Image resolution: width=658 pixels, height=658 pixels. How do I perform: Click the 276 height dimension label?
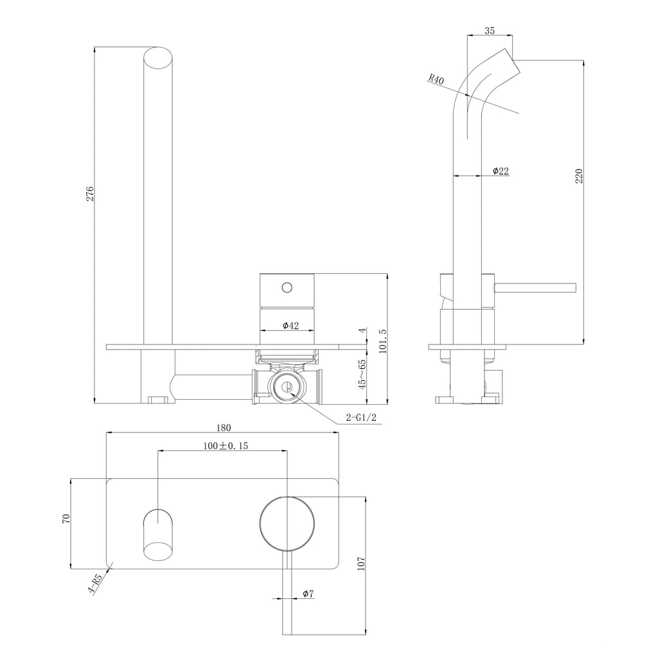click(x=90, y=193)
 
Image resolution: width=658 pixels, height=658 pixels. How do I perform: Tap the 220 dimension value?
click(x=579, y=176)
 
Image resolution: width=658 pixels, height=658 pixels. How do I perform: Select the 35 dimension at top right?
click(x=490, y=30)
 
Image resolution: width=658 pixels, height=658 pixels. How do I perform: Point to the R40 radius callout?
click(x=436, y=79)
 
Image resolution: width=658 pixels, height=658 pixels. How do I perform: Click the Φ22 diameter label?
click(x=501, y=171)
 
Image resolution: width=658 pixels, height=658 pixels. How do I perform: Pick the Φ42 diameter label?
click(x=291, y=326)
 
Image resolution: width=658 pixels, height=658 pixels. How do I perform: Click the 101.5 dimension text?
click(x=382, y=341)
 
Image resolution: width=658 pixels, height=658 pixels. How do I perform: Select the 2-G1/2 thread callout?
click(x=361, y=418)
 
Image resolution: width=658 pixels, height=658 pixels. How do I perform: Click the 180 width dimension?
click(x=223, y=427)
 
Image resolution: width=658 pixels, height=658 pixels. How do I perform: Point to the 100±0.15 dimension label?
click(x=226, y=446)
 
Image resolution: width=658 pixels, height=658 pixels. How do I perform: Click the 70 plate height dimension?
click(x=66, y=519)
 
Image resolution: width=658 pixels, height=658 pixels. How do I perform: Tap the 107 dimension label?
click(x=361, y=563)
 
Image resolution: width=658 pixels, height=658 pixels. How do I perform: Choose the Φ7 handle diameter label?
click(x=308, y=594)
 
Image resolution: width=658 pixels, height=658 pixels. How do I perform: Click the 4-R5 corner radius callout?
click(x=96, y=583)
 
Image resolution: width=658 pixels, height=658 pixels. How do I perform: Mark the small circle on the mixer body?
click(x=287, y=287)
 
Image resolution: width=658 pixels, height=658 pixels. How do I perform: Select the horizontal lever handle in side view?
click(x=535, y=288)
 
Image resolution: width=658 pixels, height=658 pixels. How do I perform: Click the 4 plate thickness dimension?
click(x=362, y=330)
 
